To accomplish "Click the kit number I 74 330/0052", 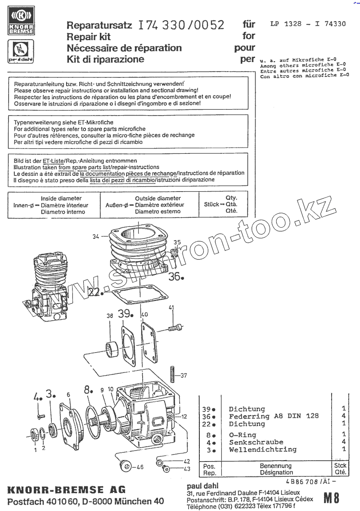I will pyautogui.click(x=182, y=25).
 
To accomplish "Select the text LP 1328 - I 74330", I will pyautogui.click(x=308, y=24).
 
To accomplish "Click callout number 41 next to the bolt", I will pyautogui.click(x=171, y=308).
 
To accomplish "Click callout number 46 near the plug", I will pyautogui.click(x=140, y=467).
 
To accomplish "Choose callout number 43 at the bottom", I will pyautogui.click(x=187, y=469).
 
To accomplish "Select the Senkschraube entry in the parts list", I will pyautogui.click(x=256, y=442).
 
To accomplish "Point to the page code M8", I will pyautogui.click(x=331, y=498).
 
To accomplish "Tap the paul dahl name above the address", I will pyautogui.click(x=202, y=486).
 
